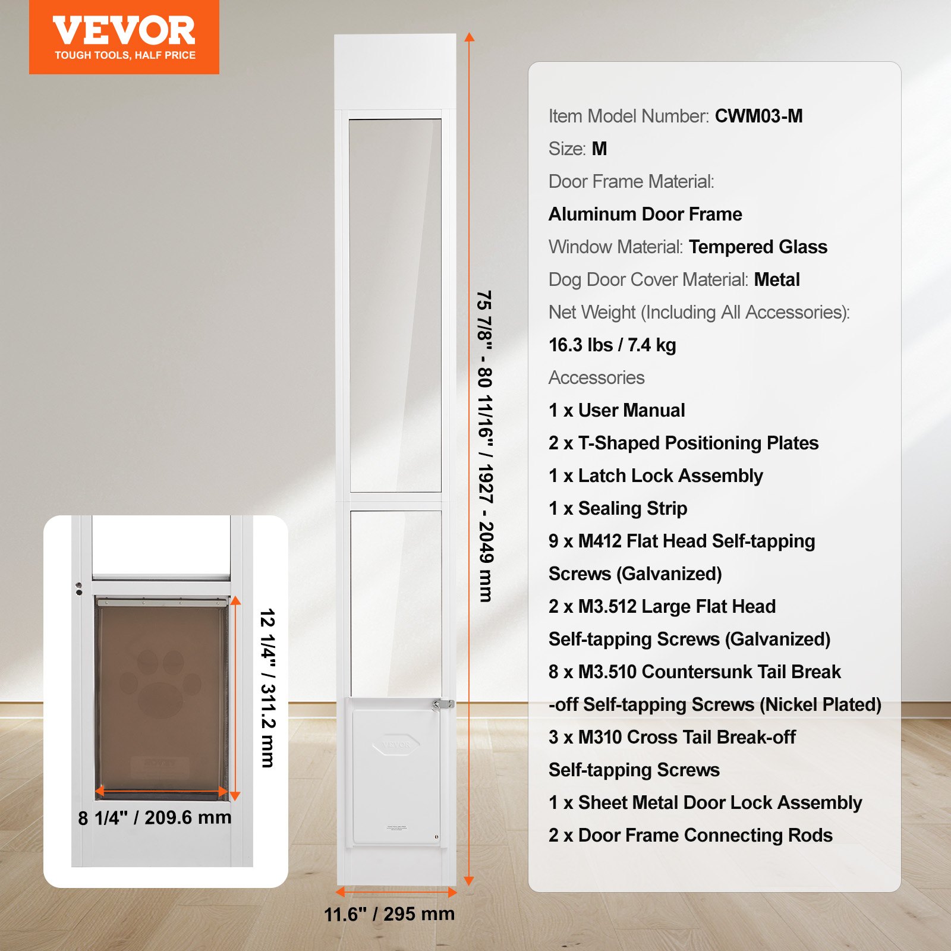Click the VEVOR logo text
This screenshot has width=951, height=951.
124,31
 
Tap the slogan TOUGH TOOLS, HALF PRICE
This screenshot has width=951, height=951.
125,55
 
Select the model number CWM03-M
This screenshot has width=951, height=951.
758,116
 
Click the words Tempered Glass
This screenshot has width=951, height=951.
758,247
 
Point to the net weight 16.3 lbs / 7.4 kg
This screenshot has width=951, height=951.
612,345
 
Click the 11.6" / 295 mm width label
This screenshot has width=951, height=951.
389,914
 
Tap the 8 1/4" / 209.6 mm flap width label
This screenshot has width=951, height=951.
155,818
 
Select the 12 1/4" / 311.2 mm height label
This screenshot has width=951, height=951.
268,688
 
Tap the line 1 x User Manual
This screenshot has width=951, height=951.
616,410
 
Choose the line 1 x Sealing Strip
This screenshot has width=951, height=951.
618,508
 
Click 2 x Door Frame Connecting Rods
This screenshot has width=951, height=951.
690,835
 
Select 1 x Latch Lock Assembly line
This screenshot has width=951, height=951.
656,475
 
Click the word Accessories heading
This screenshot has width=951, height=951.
596,377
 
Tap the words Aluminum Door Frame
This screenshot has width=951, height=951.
645,214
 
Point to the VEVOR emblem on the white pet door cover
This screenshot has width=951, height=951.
396,745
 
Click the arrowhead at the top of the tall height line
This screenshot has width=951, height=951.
469,37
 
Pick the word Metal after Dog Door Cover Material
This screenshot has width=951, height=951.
777,279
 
